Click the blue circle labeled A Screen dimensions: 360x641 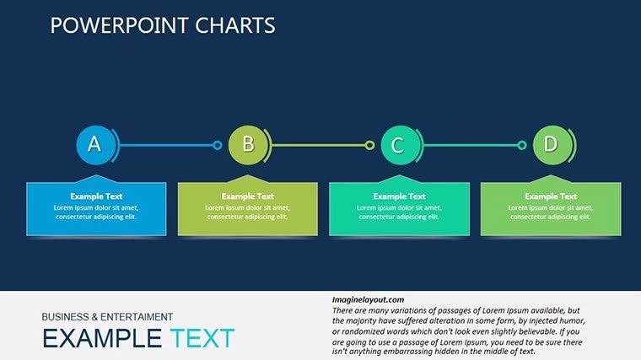coord(94,145)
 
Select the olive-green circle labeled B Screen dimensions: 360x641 coord(248,145)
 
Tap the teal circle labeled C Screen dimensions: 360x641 coord(399,145)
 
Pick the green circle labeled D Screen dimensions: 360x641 coord(551,145)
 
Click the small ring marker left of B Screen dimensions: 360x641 coord(217,145)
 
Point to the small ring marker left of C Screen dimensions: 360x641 coord(369,145)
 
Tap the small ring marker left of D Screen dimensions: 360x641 coord(521,145)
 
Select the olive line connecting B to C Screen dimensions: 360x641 coord(319,145)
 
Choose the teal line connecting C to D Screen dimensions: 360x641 coord(471,145)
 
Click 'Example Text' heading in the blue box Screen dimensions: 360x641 coord(96,196)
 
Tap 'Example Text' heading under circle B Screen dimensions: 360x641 coord(248,196)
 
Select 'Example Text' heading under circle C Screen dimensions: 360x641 coord(399,196)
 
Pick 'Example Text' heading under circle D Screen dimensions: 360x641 coord(551,196)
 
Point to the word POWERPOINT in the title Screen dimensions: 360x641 coord(109,26)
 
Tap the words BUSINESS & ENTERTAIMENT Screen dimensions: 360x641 coord(107,317)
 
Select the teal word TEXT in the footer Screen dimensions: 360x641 coord(202,339)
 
